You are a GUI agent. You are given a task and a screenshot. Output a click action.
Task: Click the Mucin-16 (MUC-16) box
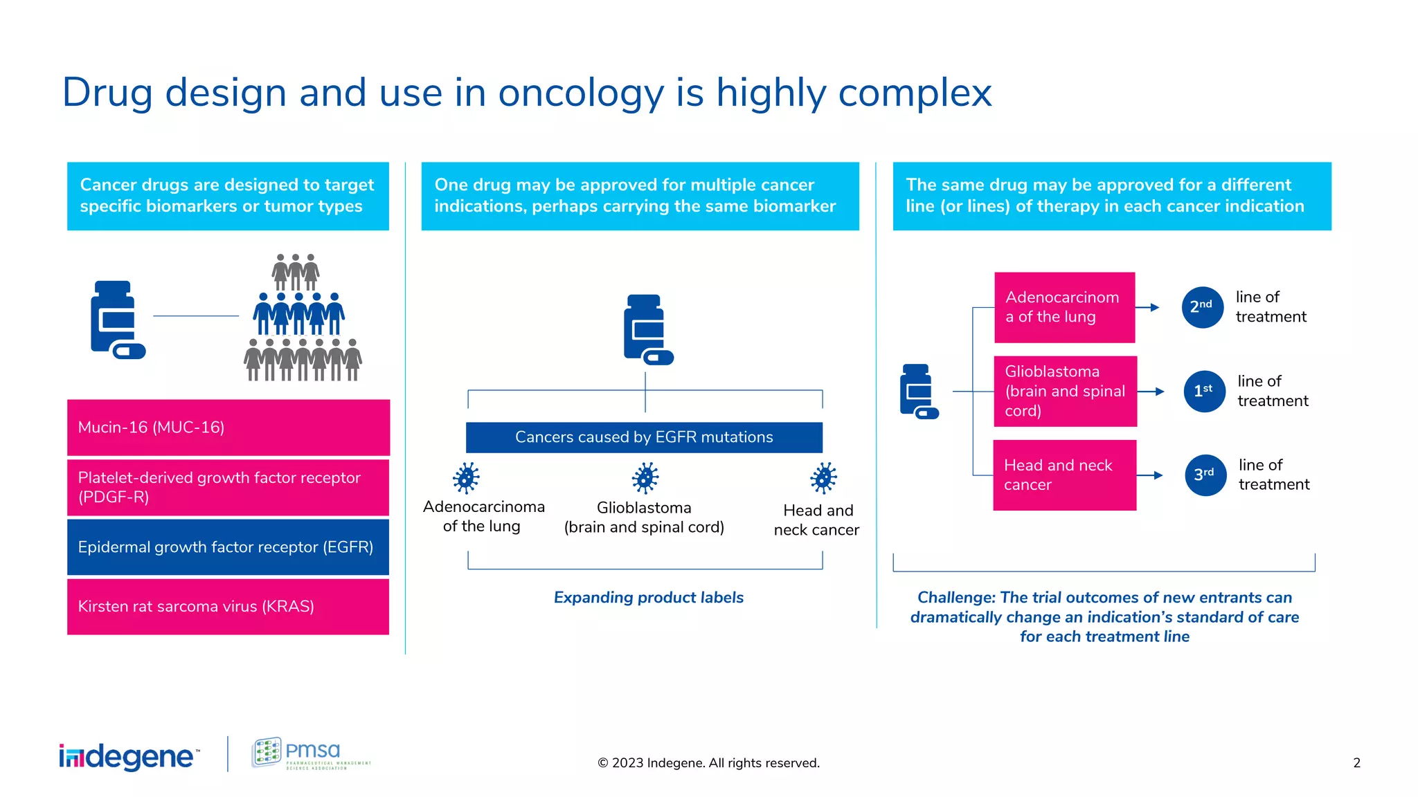pyautogui.click(x=228, y=427)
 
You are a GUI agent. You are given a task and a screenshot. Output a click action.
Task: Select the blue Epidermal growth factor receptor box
pyautogui.click(x=228, y=547)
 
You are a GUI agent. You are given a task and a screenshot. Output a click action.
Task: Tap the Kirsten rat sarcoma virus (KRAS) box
pyautogui.click(x=228, y=606)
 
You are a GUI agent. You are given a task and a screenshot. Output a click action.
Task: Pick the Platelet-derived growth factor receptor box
pyautogui.click(x=228, y=487)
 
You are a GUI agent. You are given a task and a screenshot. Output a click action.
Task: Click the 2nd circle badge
pyautogui.click(x=1202, y=306)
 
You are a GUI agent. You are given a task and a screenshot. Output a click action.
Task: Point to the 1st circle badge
pyautogui.click(x=1204, y=391)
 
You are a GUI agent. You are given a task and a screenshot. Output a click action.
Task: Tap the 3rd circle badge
pyautogui.click(x=1205, y=475)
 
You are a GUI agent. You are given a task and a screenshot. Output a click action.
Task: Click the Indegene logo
pyautogui.click(x=129, y=756)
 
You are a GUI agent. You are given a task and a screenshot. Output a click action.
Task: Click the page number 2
pyautogui.click(x=1356, y=762)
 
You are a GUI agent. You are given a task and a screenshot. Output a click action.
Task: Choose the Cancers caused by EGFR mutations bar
pyautogui.click(x=644, y=437)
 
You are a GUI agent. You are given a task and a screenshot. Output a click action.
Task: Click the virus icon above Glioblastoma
pyautogui.click(x=645, y=477)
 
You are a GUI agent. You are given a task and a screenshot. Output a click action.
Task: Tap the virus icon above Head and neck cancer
pyautogui.click(x=823, y=477)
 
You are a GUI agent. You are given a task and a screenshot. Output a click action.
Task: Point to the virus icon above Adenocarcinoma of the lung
pyautogui.click(x=466, y=477)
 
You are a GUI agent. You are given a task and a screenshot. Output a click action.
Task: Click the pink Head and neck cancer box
pyautogui.click(x=1064, y=475)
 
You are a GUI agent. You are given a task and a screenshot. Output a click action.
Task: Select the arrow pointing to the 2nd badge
pyautogui.click(x=1149, y=307)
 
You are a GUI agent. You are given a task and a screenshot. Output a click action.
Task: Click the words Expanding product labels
pyautogui.click(x=648, y=597)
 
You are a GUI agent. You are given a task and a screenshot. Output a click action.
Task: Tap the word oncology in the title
pyautogui.click(x=580, y=93)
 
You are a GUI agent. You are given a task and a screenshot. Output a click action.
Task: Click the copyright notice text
pyautogui.click(x=708, y=762)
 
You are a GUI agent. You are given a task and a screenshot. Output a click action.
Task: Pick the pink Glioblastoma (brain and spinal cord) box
pyautogui.click(x=1065, y=391)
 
